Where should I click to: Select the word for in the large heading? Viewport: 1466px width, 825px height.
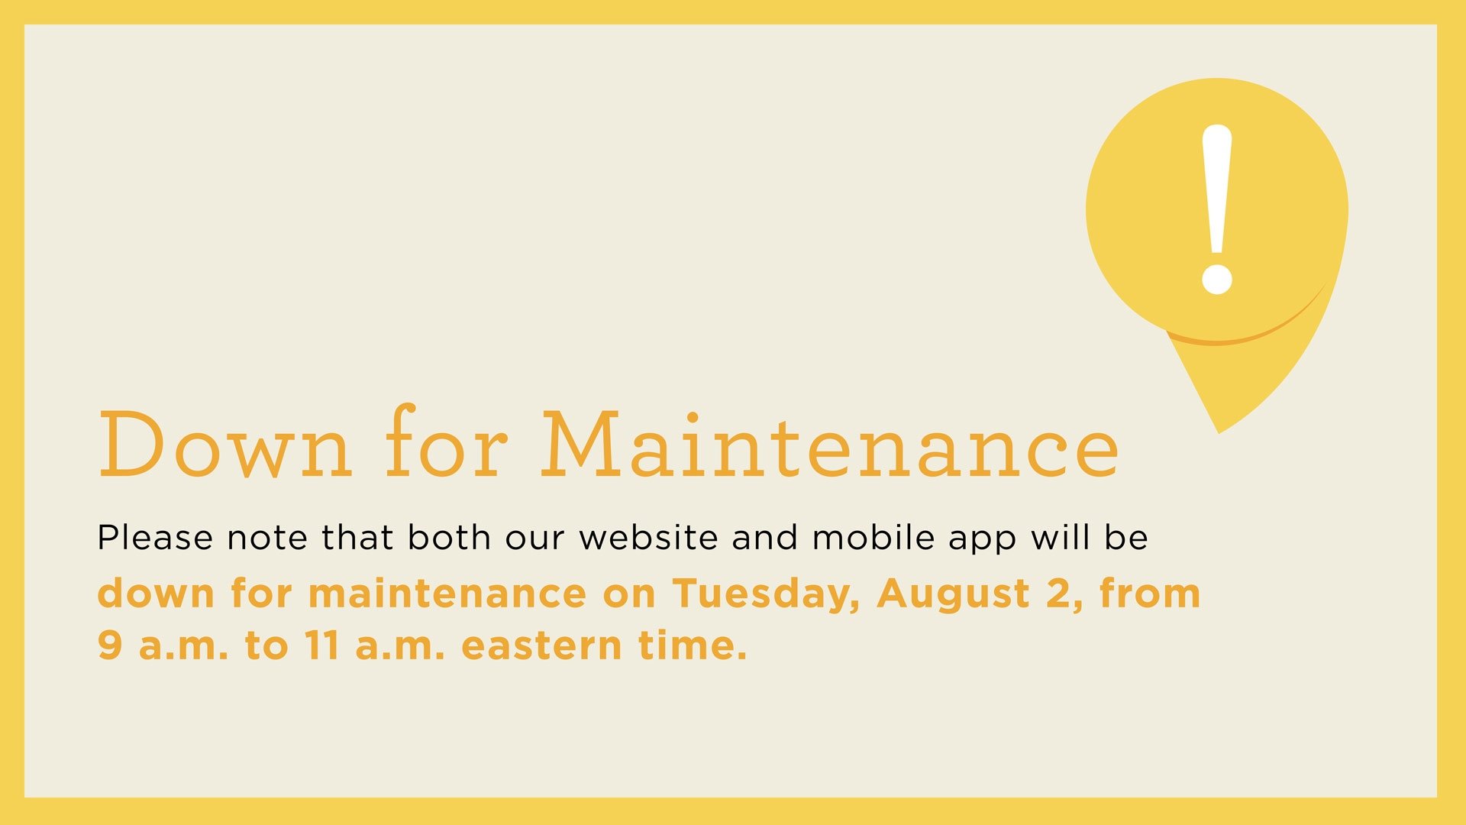click(x=446, y=443)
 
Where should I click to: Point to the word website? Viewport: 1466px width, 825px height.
click(x=648, y=538)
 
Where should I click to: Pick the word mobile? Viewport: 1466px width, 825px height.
click(x=873, y=538)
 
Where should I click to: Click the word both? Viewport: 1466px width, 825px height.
click(x=449, y=538)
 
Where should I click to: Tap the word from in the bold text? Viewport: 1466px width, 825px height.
click(x=1149, y=594)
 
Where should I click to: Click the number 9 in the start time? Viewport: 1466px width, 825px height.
click(x=110, y=645)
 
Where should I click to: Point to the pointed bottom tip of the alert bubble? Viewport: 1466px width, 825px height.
click(x=1219, y=431)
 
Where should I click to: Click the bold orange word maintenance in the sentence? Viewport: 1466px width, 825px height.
click(x=447, y=594)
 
